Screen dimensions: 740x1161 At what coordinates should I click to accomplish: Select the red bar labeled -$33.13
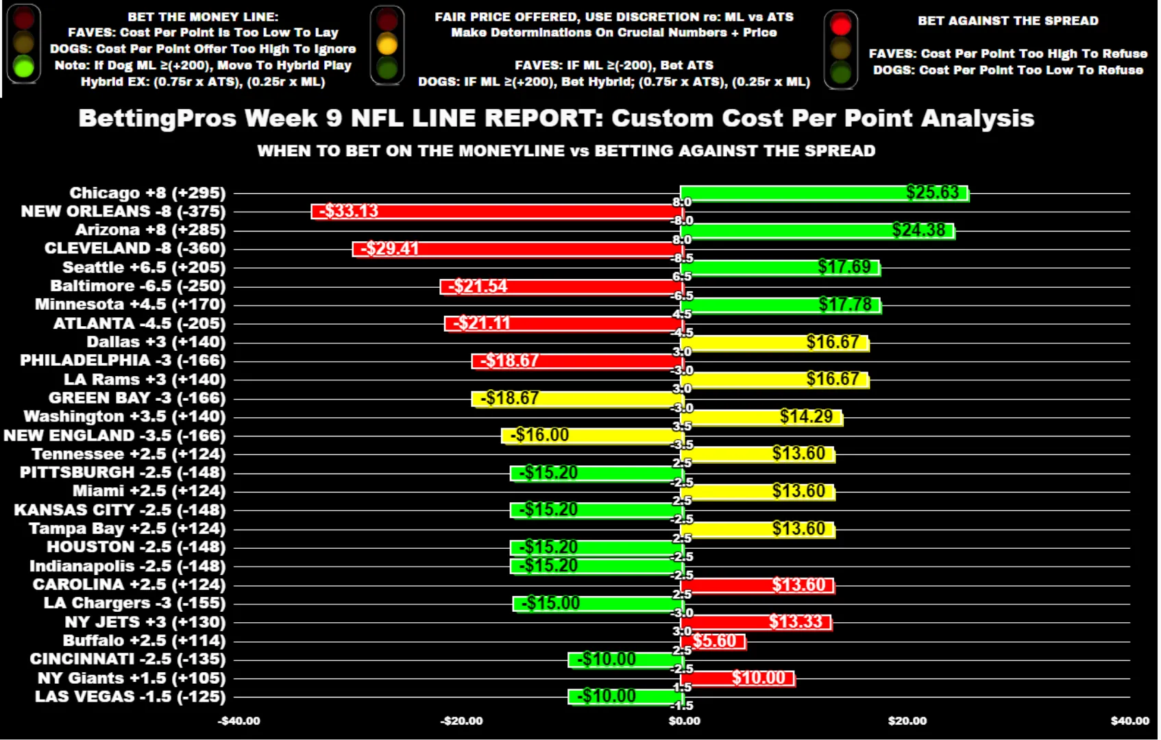click(x=497, y=212)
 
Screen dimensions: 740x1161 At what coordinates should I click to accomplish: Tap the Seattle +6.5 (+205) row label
click(x=144, y=267)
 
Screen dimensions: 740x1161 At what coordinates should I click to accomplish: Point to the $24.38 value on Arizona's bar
click(x=918, y=230)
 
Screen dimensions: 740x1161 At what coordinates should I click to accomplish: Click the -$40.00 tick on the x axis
click(x=239, y=721)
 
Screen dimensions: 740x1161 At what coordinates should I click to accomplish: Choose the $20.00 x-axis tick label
click(x=907, y=721)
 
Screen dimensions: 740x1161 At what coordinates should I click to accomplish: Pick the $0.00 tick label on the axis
click(x=684, y=721)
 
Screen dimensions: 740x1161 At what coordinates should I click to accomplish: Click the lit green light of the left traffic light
click(x=23, y=67)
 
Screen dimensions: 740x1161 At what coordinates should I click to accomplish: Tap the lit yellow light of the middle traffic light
click(x=387, y=45)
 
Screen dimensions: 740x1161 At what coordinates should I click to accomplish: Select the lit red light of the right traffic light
click(x=840, y=25)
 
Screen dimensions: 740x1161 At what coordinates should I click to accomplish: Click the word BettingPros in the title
click(x=157, y=118)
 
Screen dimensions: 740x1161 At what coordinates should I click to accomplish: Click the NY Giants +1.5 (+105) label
click(x=131, y=678)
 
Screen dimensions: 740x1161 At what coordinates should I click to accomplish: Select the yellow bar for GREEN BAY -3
click(x=577, y=399)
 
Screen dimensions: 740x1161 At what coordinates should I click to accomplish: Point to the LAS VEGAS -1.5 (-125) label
click(x=130, y=697)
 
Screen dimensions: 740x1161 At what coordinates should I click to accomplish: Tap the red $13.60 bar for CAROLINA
click(x=757, y=585)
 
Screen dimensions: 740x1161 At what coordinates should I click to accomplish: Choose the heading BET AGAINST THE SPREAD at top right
click(x=1007, y=21)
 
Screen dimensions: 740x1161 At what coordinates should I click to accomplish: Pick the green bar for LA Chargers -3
click(x=598, y=604)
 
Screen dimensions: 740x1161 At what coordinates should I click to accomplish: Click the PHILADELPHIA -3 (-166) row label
click(x=123, y=360)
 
